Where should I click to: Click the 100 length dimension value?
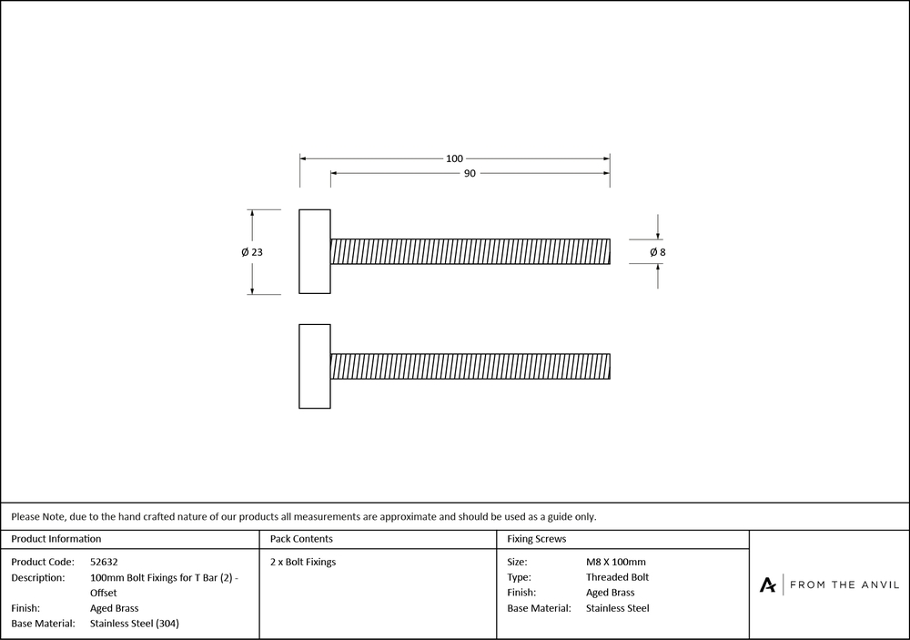tap(454, 158)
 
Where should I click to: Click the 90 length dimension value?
tap(470, 173)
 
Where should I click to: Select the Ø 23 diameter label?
tap(252, 252)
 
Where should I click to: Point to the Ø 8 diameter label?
tap(658, 251)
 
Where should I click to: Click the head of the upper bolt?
tap(315, 251)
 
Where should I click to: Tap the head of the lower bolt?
tap(315, 366)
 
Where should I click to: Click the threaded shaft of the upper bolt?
tap(470, 251)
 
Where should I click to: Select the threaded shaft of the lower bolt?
tap(470, 366)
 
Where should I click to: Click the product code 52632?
tap(105, 562)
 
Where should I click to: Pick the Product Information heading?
tap(56, 539)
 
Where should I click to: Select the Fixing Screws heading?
tap(537, 539)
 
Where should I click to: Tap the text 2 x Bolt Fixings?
tap(303, 562)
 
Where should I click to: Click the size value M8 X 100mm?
tap(616, 562)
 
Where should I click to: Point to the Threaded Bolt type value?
tap(617, 577)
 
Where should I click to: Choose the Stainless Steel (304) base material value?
tap(141, 624)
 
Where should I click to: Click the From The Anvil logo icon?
tap(768, 584)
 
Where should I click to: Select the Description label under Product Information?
tap(38, 577)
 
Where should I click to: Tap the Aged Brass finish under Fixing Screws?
tap(610, 593)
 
